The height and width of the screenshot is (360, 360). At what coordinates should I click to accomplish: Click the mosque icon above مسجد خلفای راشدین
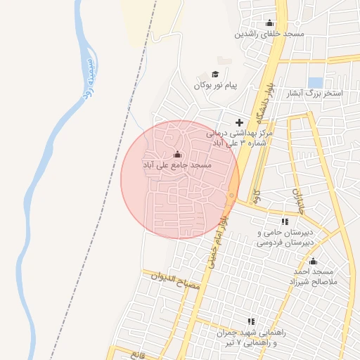click(x=269, y=22)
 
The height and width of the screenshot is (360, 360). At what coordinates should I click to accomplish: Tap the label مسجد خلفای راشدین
click(x=269, y=34)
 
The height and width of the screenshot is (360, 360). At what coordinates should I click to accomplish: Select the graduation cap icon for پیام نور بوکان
click(x=215, y=74)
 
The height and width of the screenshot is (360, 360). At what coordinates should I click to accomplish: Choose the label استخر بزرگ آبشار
click(x=317, y=94)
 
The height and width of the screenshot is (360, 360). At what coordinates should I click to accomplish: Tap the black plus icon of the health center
click(x=239, y=122)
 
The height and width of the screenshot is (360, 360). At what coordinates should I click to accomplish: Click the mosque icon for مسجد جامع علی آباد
click(x=177, y=154)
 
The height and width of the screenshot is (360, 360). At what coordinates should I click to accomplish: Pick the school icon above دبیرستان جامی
click(x=284, y=221)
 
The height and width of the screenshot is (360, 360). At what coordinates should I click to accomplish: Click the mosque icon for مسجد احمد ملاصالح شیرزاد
click(x=314, y=261)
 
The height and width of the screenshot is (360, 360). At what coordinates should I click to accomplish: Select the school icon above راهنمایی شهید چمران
click(x=252, y=321)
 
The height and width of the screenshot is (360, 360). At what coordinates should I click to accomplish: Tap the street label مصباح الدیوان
click(x=176, y=281)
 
